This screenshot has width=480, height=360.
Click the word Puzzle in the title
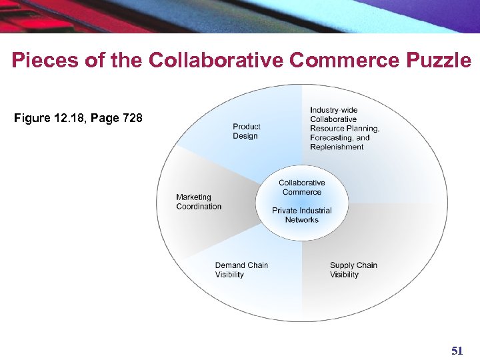438,61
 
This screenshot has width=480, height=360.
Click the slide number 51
457,351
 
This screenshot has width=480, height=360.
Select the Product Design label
246,131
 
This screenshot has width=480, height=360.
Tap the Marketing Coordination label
199,202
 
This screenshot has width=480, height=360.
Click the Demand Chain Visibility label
241,270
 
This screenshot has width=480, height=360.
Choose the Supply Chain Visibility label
353,270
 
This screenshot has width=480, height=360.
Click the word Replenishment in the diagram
337,147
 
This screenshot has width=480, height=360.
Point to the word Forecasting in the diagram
329,138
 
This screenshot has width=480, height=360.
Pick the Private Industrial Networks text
301,215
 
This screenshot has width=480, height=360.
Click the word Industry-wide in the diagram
333,110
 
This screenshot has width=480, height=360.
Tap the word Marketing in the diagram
193,197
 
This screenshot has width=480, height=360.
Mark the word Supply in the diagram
341,265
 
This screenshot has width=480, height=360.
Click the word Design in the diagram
245,136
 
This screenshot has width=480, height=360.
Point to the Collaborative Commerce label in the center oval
301,187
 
